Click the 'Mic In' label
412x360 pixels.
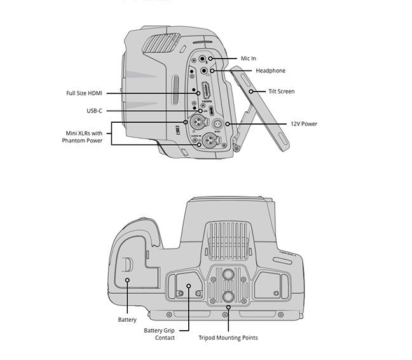249,59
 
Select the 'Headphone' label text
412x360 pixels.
270,71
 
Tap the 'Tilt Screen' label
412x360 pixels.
281,92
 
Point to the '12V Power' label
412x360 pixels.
304,124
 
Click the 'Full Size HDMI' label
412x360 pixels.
84,93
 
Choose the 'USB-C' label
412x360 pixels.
94,111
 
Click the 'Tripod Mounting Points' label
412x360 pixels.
228,338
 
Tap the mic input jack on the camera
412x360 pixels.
210,59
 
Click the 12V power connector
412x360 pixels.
217,123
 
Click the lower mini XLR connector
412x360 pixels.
205,144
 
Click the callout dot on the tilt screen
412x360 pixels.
252,92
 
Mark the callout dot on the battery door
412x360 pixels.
127,280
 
